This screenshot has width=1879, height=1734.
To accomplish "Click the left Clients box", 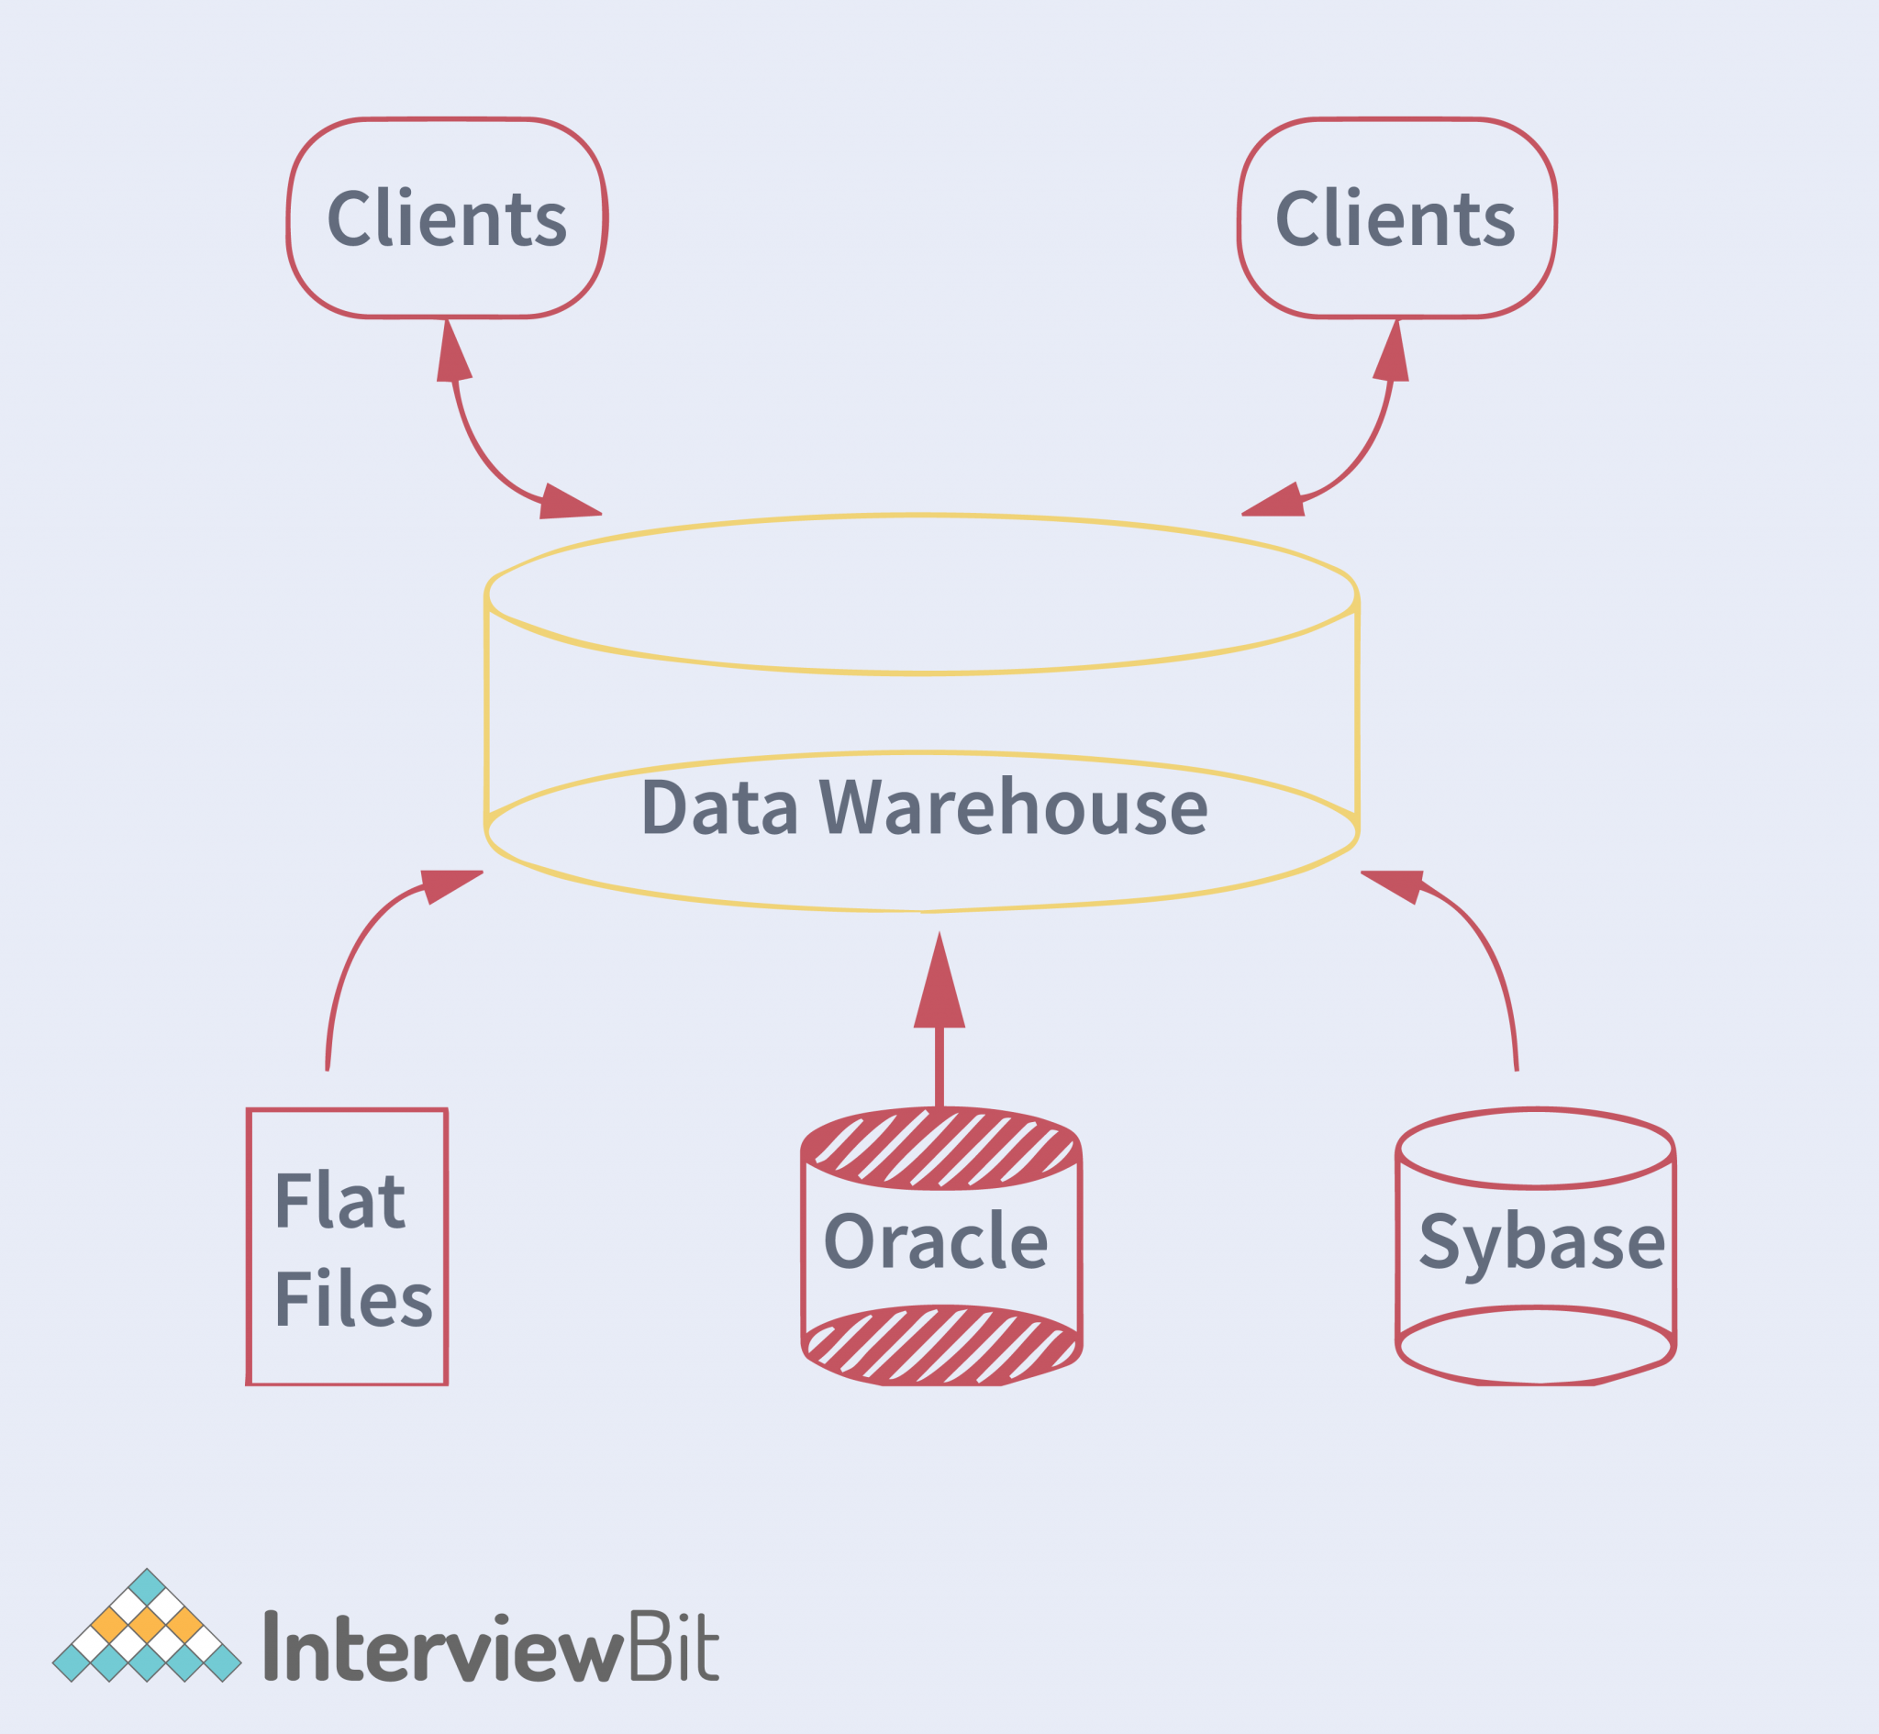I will click(447, 218).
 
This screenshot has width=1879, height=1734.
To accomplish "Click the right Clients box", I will click(1395, 218).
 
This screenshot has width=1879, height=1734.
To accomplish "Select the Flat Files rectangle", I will click(348, 1247).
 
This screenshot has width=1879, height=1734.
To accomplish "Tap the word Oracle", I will click(935, 1241).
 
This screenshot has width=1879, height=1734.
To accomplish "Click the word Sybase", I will click(1541, 1242).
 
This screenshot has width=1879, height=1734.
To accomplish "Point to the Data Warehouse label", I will click(924, 807).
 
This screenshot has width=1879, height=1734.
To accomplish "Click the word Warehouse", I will click(1013, 807).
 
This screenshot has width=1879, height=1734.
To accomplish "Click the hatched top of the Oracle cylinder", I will click(941, 1149).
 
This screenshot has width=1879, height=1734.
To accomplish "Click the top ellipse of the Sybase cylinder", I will click(1536, 1148).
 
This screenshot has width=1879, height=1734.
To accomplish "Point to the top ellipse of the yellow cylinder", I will click(922, 594).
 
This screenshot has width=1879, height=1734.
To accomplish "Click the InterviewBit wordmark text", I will click(491, 1648).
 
